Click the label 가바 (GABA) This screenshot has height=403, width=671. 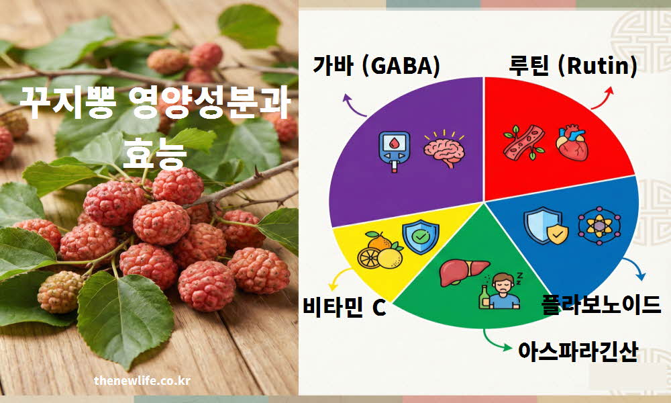coord(376,66)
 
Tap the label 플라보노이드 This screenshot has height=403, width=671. coord(601,304)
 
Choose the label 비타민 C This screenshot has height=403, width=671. coord(344,310)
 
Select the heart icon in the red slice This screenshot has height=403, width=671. coord(572,141)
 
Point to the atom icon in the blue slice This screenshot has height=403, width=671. coord(599,226)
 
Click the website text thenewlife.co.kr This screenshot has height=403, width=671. coord(142,381)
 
